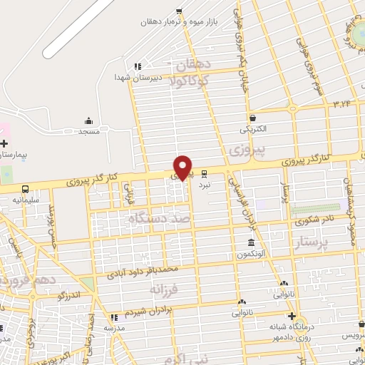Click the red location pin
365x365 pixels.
point(183,167)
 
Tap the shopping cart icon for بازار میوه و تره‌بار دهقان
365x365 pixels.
point(179,11)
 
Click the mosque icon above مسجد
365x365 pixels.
point(88,121)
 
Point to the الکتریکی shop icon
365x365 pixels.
point(252,118)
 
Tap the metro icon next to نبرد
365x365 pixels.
point(205,173)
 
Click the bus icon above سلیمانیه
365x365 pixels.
point(26,189)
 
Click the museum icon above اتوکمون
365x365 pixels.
point(251,242)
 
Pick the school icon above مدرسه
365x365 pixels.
point(113,317)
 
